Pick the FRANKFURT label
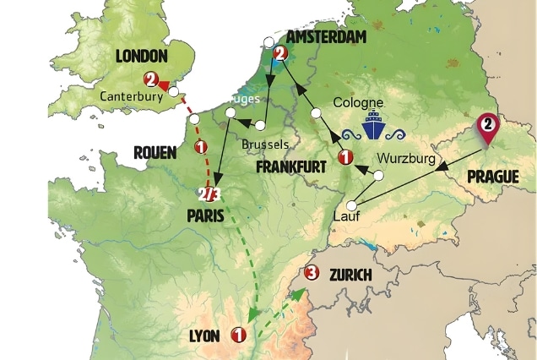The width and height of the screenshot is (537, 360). pos(290,166)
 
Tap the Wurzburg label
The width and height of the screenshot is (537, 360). pos(406,158)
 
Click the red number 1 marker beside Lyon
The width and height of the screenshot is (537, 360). pos(238,336)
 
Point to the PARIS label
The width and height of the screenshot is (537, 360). pos(205,215)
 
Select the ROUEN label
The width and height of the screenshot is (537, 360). pos(155,152)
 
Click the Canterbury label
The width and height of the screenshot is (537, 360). pos(130,95)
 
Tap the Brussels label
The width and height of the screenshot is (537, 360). pos(266,145)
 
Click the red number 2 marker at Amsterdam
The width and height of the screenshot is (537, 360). pos(281,54)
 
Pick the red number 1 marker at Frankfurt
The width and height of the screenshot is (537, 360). pos(344,157)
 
